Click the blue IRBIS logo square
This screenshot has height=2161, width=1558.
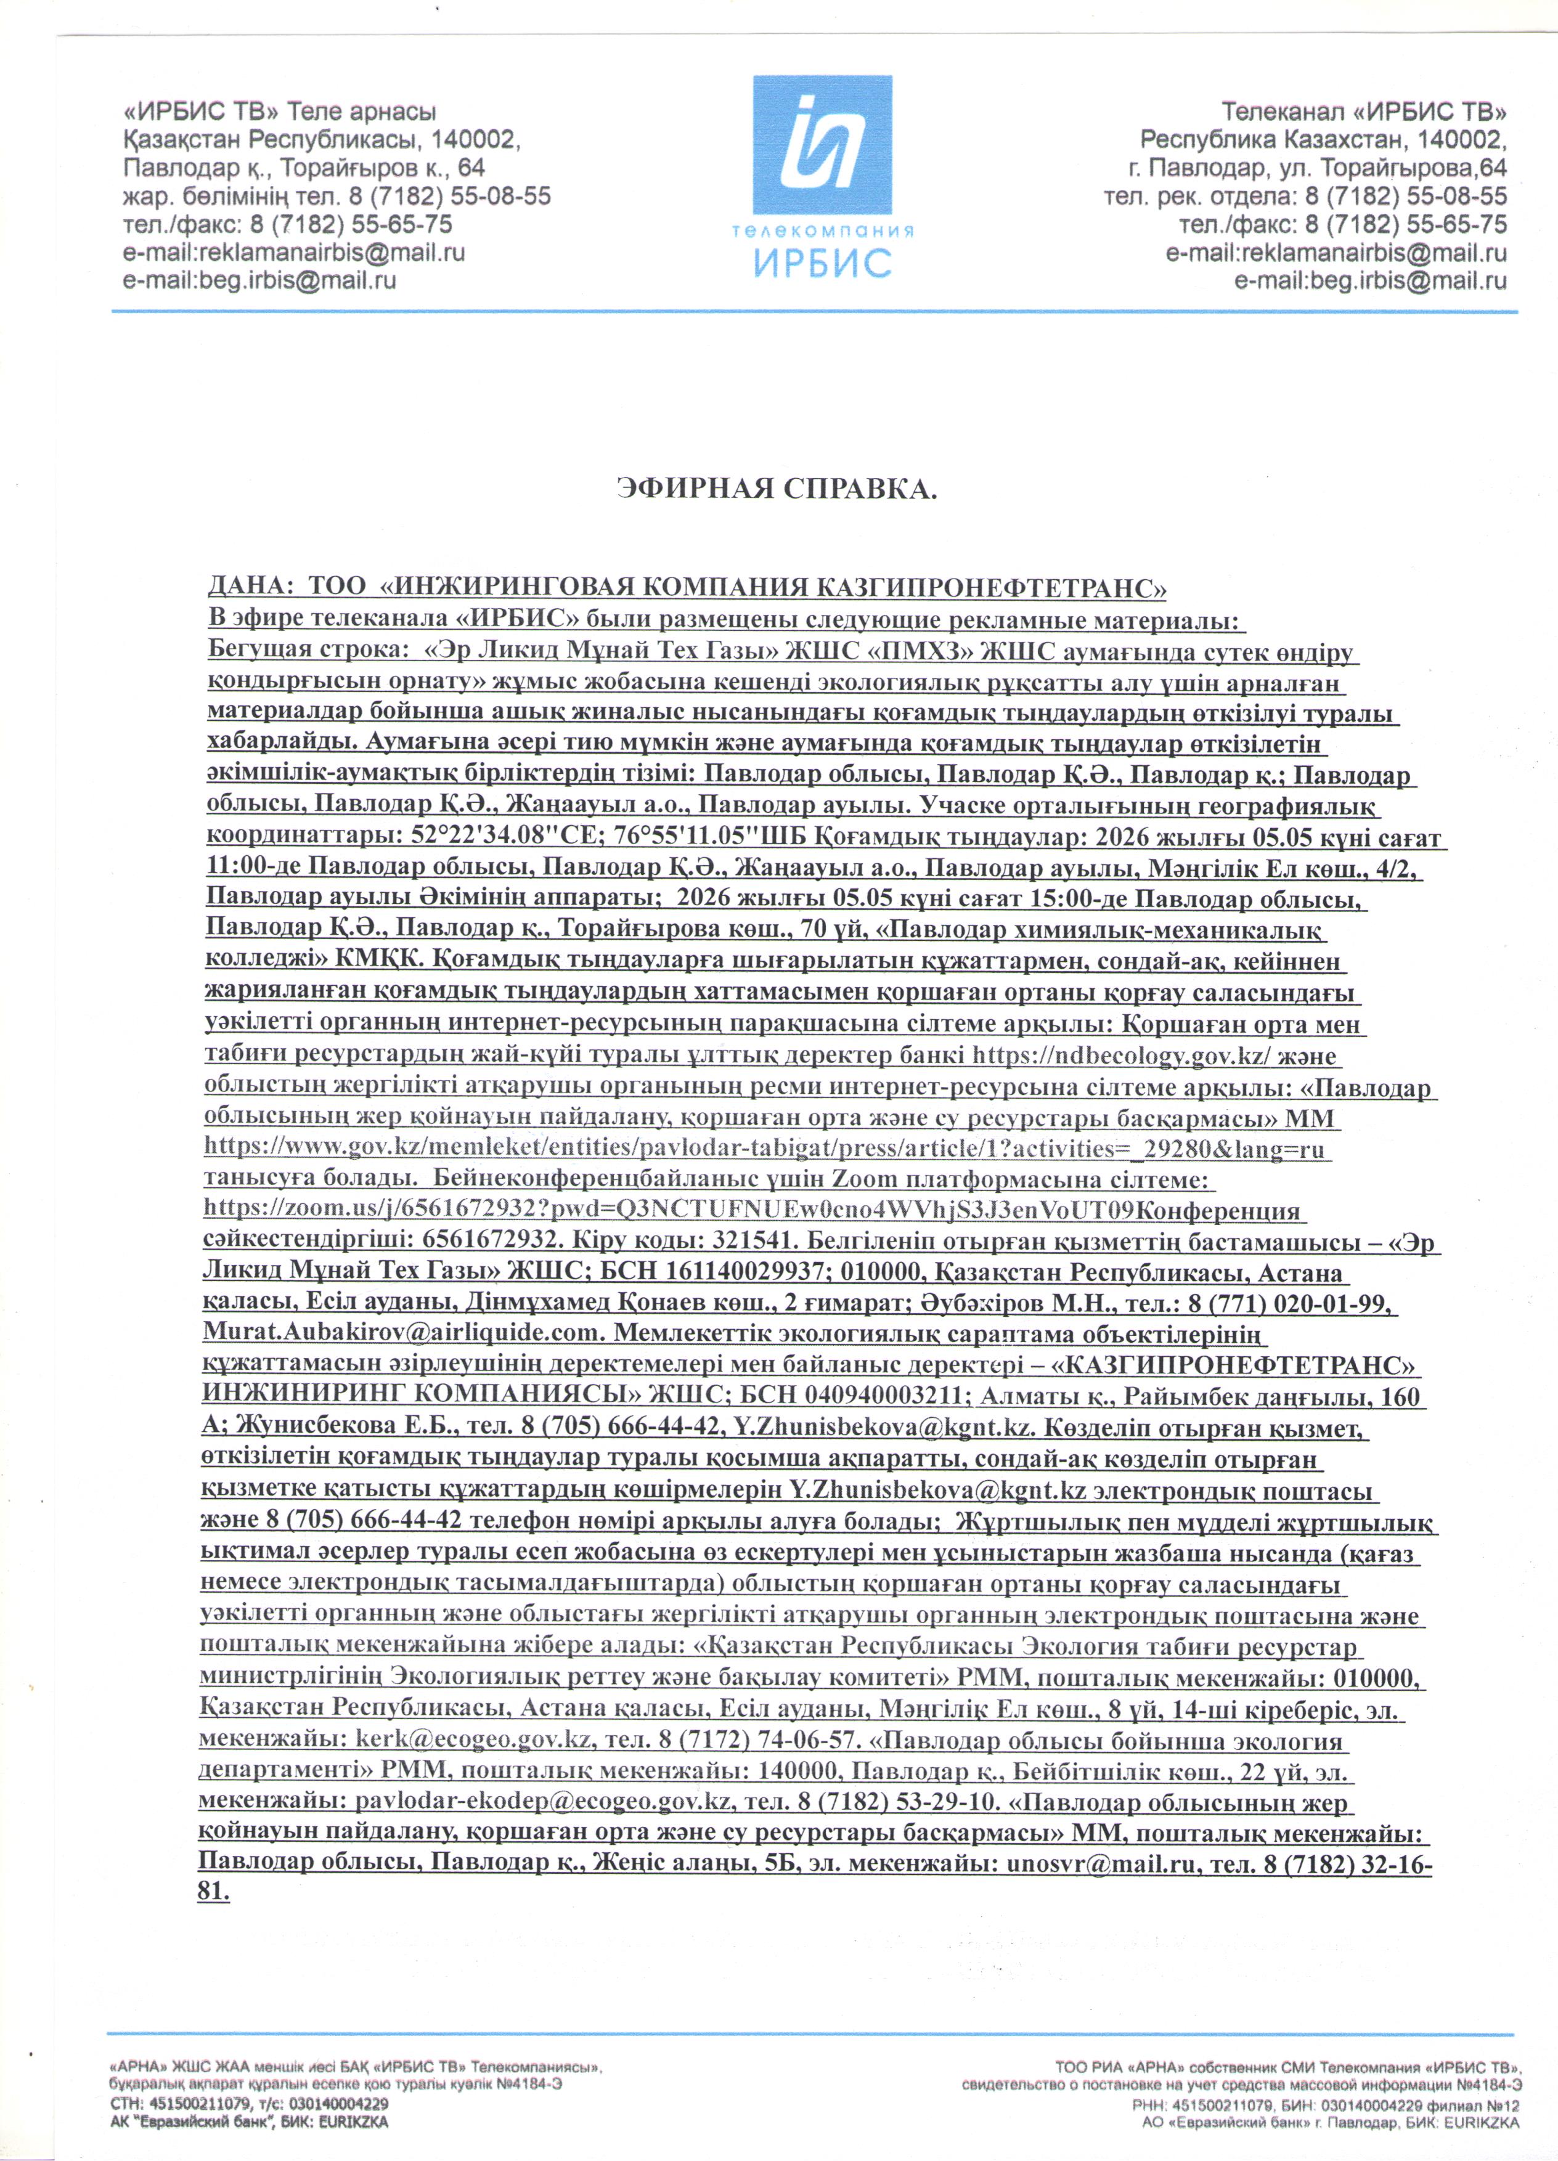coord(822,145)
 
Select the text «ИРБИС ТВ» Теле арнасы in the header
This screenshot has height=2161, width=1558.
coord(279,112)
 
